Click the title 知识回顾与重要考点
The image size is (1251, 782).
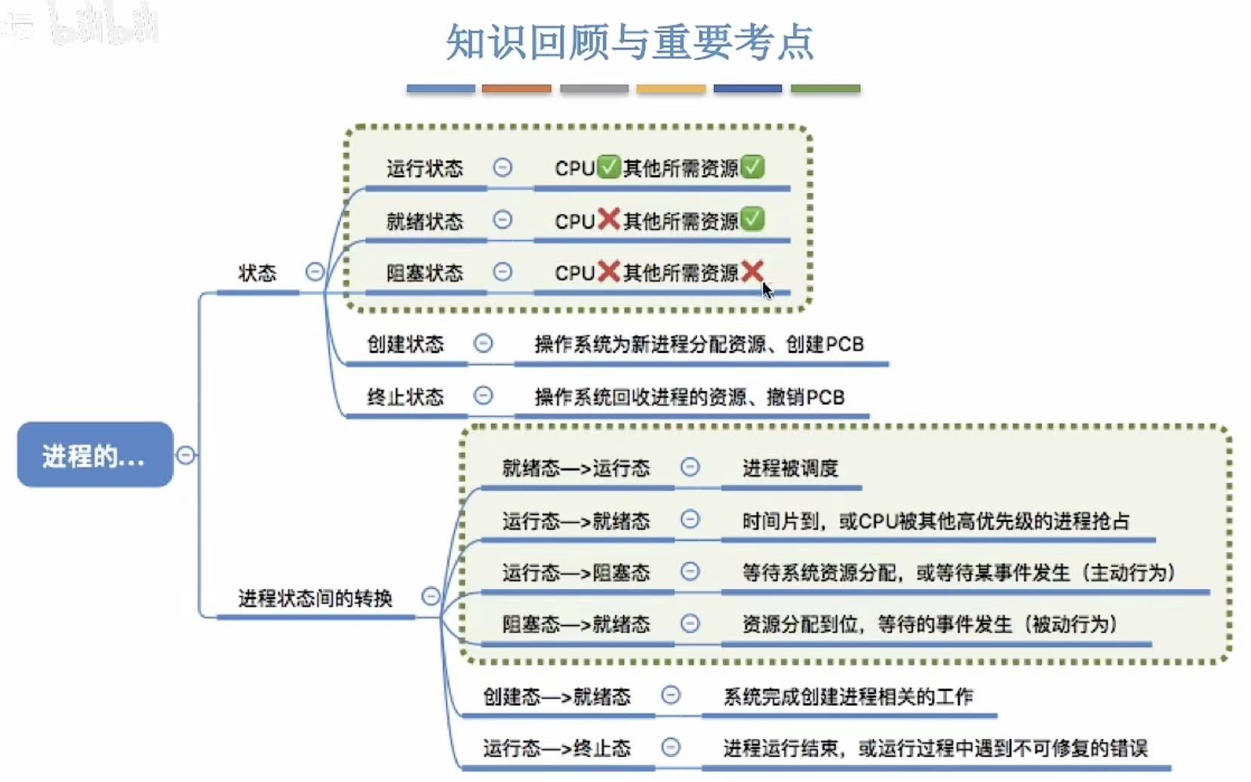click(x=629, y=42)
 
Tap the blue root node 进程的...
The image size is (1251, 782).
click(x=94, y=455)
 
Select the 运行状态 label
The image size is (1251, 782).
click(x=424, y=168)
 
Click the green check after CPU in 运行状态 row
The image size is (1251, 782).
click(x=608, y=167)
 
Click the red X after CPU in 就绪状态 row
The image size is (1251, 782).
click(x=608, y=219)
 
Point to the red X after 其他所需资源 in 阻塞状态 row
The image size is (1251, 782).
click(x=752, y=271)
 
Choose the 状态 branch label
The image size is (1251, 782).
click(x=257, y=273)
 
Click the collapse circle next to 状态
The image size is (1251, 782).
click(x=315, y=272)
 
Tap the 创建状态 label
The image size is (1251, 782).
click(x=405, y=345)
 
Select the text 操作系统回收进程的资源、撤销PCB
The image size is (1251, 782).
click(x=689, y=397)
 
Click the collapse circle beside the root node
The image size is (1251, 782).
click(x=186, y=455)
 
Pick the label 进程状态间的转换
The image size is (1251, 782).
click(x=315, y=599)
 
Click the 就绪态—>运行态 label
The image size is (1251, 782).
click(x=576, y=468)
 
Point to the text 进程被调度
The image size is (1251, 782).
click(x=790, y=468)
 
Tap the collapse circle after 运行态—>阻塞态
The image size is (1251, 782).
click(x=690, y=572)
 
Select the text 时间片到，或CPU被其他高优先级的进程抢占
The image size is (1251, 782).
click(x=936, y=521)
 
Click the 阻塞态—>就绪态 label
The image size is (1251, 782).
click(x=576, y=624)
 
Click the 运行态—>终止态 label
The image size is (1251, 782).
click(x=556, y=749)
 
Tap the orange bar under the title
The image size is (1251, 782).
click(x=517, y=89)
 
